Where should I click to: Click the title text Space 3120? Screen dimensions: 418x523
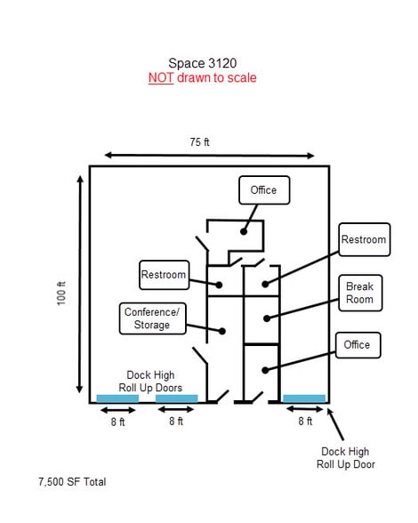click(203, 63)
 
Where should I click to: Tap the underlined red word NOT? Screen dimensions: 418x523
click(161, 77)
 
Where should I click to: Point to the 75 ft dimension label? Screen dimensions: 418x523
click(199, 142)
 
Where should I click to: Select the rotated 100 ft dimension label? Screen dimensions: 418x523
click(61, 294)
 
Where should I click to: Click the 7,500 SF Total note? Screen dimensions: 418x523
click(72, 482)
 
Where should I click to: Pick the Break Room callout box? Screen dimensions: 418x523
click(360, 293)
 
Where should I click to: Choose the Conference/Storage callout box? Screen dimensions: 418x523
click(152, 318)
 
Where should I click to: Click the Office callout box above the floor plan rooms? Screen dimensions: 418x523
click(264, 190)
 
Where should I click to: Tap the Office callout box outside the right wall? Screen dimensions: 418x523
click(358, 345)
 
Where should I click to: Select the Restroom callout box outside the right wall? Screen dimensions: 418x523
click(365, 239)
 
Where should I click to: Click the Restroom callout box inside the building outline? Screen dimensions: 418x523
click(165, 275)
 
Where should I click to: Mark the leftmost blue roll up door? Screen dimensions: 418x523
click(117, 398)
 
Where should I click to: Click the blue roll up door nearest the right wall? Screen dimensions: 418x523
click(304, 398)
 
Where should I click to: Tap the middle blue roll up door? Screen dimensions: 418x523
click(176, 398)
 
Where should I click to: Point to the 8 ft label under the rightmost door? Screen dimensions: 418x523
click(305, 422)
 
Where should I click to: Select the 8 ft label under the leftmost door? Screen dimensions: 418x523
click(117, 422)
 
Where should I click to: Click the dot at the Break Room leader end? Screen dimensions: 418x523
click(267, 318)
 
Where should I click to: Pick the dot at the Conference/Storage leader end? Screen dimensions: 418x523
click(222, 331)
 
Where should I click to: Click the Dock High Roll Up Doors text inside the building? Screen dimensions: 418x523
click(150, 382)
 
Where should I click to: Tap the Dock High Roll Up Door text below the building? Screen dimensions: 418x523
click(346, 457)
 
